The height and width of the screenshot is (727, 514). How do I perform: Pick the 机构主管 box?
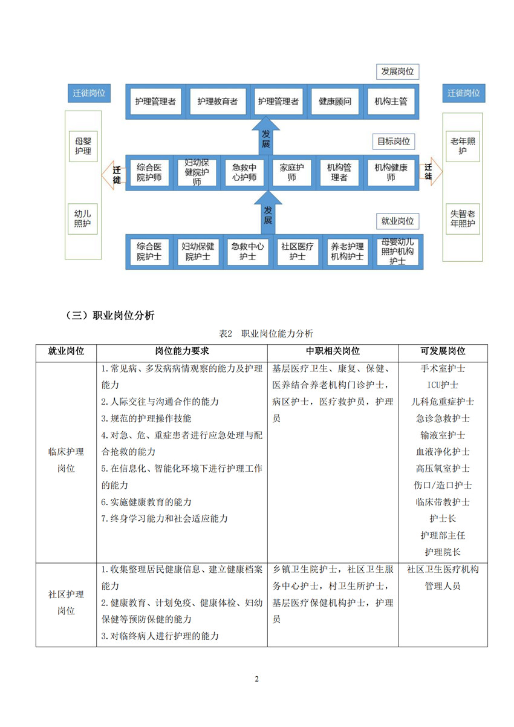pyautogui.click(x=391, y=102)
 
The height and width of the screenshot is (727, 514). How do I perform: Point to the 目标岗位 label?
pyautogui.click(x=394, y=142)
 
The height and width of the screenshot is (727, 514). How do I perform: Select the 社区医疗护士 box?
pyautogui.click(x=297, y=252)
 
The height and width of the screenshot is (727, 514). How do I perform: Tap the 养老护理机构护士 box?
pyautogui.click(x=348, y=252)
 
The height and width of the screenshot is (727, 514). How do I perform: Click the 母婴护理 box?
pyautogui.click(x=83, y=145)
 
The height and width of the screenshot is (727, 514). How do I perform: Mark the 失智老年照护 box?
pyautogui.click(x=463, y=219)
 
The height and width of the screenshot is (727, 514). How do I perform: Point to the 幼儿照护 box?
pyautogui.click(x=83, y=219)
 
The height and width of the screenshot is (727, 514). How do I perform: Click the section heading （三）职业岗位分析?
pyautogui.click(x=110, y=315)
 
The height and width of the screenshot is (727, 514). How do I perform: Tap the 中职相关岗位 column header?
pyautogui.click(x=332, y=351)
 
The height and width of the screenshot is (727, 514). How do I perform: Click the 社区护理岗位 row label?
pyautogui.click(x=66, y=602)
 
